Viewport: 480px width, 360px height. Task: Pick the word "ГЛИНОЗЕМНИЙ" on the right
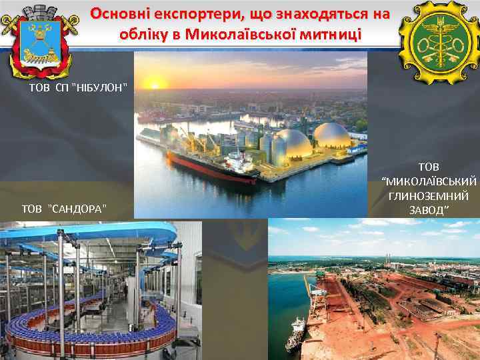(429, 196)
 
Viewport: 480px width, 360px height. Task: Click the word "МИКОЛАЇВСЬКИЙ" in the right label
(429, 181)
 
